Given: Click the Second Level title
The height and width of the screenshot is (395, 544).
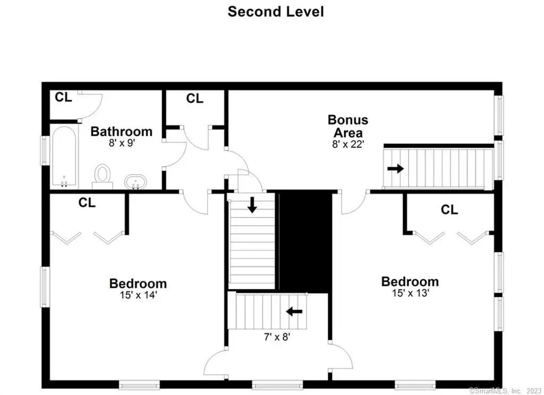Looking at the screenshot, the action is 276,12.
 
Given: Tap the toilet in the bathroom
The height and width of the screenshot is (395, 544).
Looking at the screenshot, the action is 103,176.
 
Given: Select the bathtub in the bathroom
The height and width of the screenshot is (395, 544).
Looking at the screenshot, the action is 64,157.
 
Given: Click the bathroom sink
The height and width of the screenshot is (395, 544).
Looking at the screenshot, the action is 135,182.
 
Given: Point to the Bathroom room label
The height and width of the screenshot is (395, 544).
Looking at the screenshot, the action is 122,132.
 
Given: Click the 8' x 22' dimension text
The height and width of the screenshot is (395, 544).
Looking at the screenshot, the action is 347,144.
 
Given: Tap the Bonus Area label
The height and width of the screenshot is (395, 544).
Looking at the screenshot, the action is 348,126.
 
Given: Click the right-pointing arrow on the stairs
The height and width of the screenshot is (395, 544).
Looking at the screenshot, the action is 395,169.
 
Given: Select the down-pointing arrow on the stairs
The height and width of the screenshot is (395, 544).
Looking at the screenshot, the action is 252,205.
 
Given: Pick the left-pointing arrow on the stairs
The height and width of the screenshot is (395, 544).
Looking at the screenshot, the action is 294,312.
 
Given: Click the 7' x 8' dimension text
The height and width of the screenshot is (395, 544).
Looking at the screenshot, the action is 277,337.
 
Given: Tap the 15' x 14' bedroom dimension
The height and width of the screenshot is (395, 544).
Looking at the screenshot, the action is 139,295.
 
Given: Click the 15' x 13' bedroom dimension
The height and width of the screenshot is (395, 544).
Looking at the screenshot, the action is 411,293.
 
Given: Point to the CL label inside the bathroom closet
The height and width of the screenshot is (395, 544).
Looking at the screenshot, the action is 64,98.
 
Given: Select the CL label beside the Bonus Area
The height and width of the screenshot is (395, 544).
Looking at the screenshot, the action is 194,99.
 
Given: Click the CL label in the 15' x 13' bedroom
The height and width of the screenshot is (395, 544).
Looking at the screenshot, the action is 449,210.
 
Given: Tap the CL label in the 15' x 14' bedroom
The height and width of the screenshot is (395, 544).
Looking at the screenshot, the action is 87,202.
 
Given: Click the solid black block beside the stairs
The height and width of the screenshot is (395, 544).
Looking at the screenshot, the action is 304,241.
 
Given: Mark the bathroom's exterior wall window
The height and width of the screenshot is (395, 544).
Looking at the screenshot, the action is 45,150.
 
